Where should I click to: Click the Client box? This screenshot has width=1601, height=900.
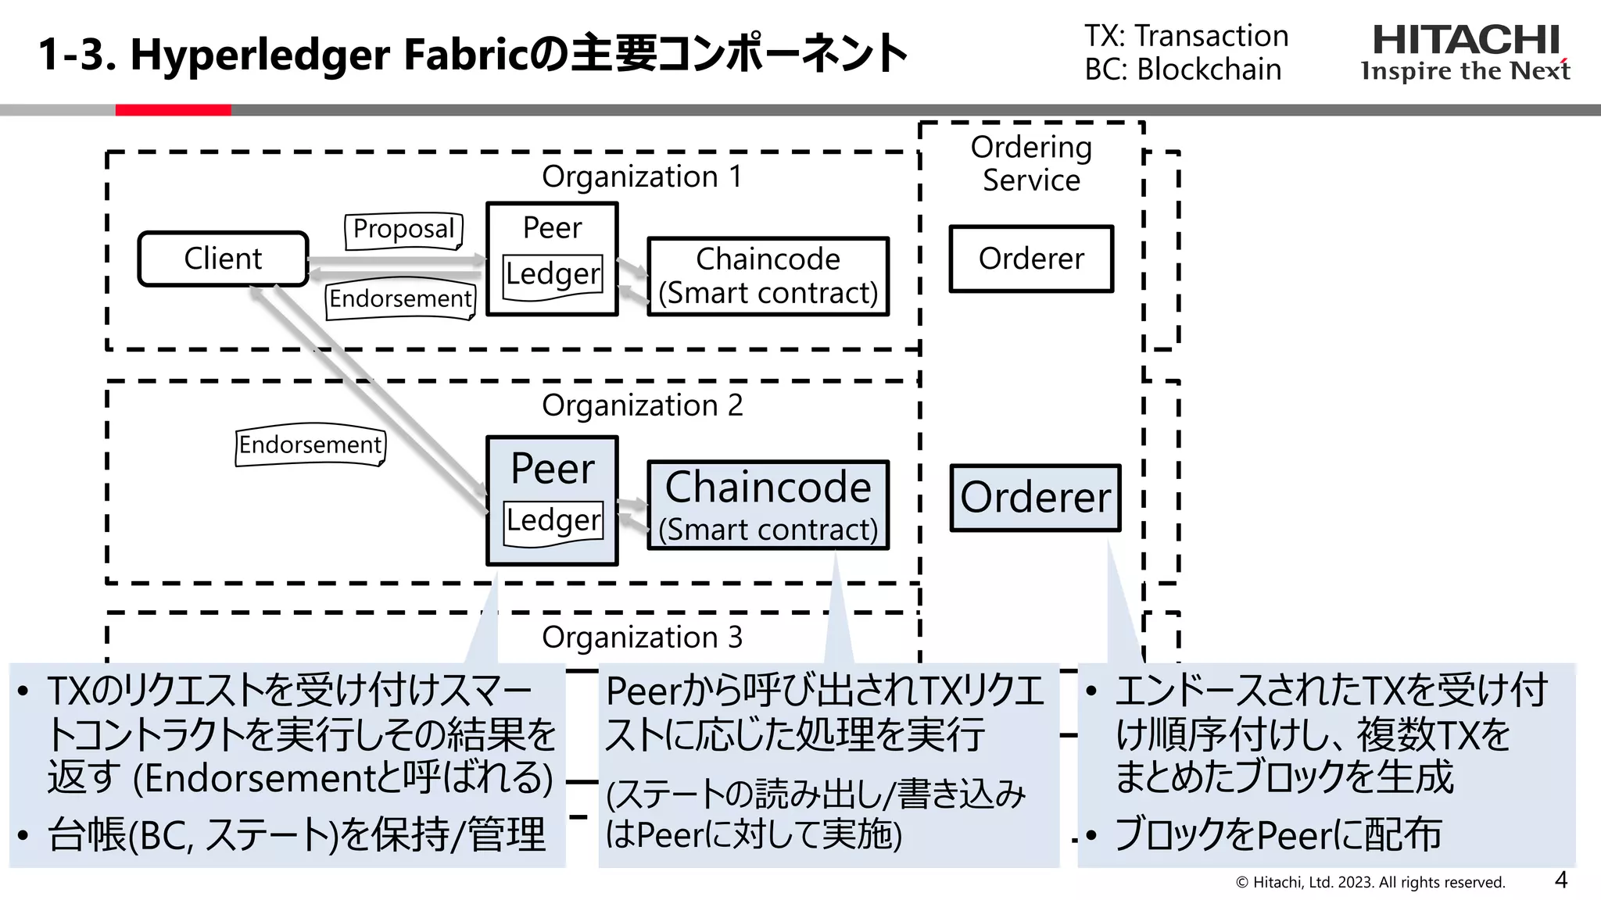(x=223, y=259)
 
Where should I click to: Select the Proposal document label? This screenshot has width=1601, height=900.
(x=403, y=230)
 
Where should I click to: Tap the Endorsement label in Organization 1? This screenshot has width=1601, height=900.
(x=400, y=298)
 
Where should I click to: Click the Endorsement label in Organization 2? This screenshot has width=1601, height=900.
(x=310, y=445)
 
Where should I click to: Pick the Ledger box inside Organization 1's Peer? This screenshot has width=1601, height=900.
(x=553, y=275)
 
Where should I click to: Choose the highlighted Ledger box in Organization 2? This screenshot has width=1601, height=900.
(x=553, y=520)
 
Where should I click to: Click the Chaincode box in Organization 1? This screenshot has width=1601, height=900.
(x=768, y=277)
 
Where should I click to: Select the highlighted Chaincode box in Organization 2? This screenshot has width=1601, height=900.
(x=768, y=505)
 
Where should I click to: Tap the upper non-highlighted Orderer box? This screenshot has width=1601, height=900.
(x=1030, y=259)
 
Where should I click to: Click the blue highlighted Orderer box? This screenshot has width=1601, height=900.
(x=1035, y=498)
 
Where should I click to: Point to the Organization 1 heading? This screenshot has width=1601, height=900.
(x=642, y=177)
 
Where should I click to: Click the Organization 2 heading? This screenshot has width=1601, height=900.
(x=642, y=405)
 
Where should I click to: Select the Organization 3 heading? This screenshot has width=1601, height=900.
(x=642, y=637)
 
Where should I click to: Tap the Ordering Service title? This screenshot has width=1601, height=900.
(x=1031, y=163)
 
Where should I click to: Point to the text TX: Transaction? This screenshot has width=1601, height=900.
(x=1186, y=36)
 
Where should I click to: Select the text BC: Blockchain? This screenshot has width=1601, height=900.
(x=1183, y=70)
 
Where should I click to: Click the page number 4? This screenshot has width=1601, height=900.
(x=1560, y=880)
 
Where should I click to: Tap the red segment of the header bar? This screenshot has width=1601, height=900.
(x=173, y=110)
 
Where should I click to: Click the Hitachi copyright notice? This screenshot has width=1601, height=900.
(x=1370, y=882)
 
